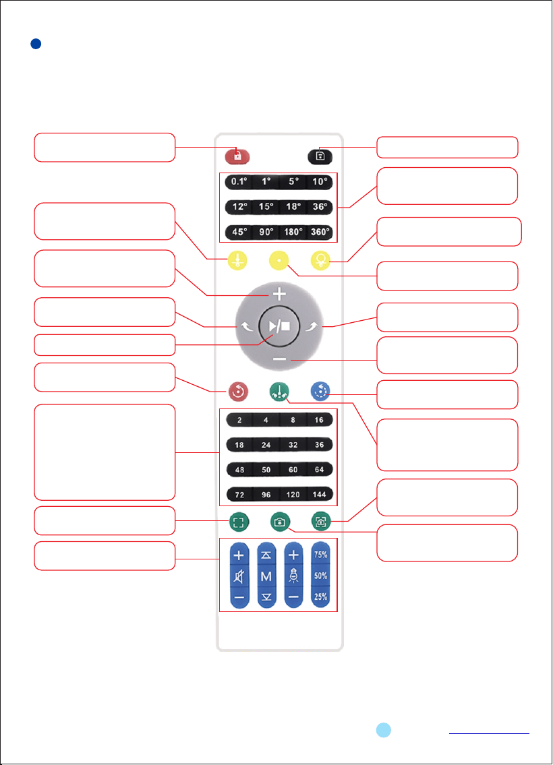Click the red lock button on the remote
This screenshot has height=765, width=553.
click(x=237, y=156)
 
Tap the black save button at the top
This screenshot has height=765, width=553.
click(x=320, y=156)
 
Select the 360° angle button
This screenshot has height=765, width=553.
click(x=320, y=232)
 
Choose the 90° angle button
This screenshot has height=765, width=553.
click(x=266, y=232)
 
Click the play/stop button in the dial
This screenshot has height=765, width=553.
click(x=279, y=326)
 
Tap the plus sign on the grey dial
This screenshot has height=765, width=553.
click(x=279, y=294)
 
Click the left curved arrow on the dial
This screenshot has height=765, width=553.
click(x=246, y=326)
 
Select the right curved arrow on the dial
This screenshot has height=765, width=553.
click(x=312, y=326)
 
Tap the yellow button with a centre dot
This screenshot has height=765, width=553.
click(x=279, y=261)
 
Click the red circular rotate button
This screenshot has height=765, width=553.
click(x=238, y=392)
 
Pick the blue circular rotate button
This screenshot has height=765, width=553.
click(x=320, y=392)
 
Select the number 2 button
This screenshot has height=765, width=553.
click(x=239, y=420)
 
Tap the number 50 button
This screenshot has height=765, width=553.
click(x=266, y=469)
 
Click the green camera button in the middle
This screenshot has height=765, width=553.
click(x=280, y=522)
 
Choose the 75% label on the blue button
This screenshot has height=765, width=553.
click(x=320, y=555)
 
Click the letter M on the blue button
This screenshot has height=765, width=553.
click(x=266, y=577)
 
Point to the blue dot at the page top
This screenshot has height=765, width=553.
click(x=36, y=44)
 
